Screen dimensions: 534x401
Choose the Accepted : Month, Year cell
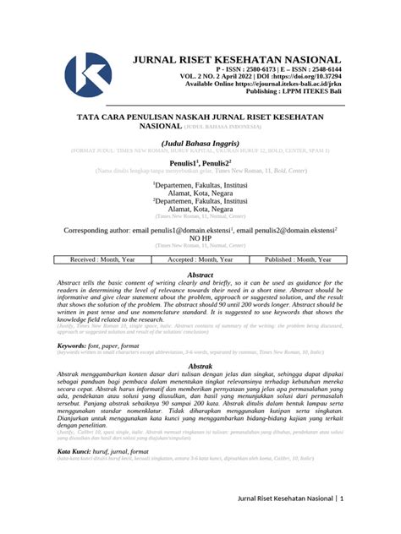pyautogui.click(x=200, y=259)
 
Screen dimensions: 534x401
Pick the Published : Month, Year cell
pyautogui.click(x=298, y=259)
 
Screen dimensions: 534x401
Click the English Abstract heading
pyautogui.click(x=200, y=275)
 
